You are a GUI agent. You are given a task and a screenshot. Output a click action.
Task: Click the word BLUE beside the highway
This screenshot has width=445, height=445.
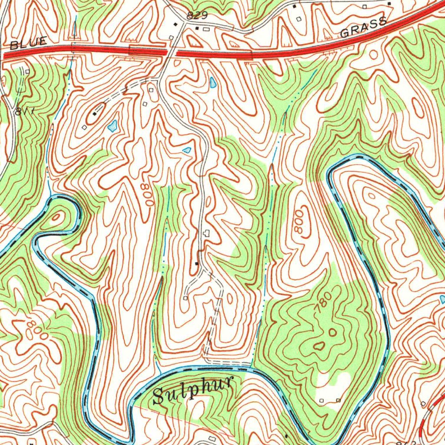point(28,43)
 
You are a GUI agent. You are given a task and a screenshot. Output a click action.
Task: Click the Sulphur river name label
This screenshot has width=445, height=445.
point(193,390)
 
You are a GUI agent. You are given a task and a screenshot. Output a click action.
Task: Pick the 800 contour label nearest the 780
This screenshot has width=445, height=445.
point(299,225)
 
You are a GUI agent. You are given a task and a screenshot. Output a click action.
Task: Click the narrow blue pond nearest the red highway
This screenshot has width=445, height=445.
point(212,83)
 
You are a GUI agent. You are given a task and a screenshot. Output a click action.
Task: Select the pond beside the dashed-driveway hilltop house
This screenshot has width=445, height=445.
point(113,126)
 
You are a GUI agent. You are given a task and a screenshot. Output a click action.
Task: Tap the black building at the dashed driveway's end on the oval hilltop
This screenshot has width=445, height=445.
point(94,114)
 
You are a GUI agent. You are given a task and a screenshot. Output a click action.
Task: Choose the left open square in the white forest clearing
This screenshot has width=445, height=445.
point(322,400)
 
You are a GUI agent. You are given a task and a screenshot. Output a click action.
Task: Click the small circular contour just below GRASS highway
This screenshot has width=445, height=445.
point(374,55)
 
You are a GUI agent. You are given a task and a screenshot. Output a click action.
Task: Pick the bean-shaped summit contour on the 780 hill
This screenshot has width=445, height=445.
point(319,346)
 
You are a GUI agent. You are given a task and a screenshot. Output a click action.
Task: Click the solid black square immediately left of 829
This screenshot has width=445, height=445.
point(175,24)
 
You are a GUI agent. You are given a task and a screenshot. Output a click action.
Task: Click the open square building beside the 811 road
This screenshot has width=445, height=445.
point(27,71)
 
